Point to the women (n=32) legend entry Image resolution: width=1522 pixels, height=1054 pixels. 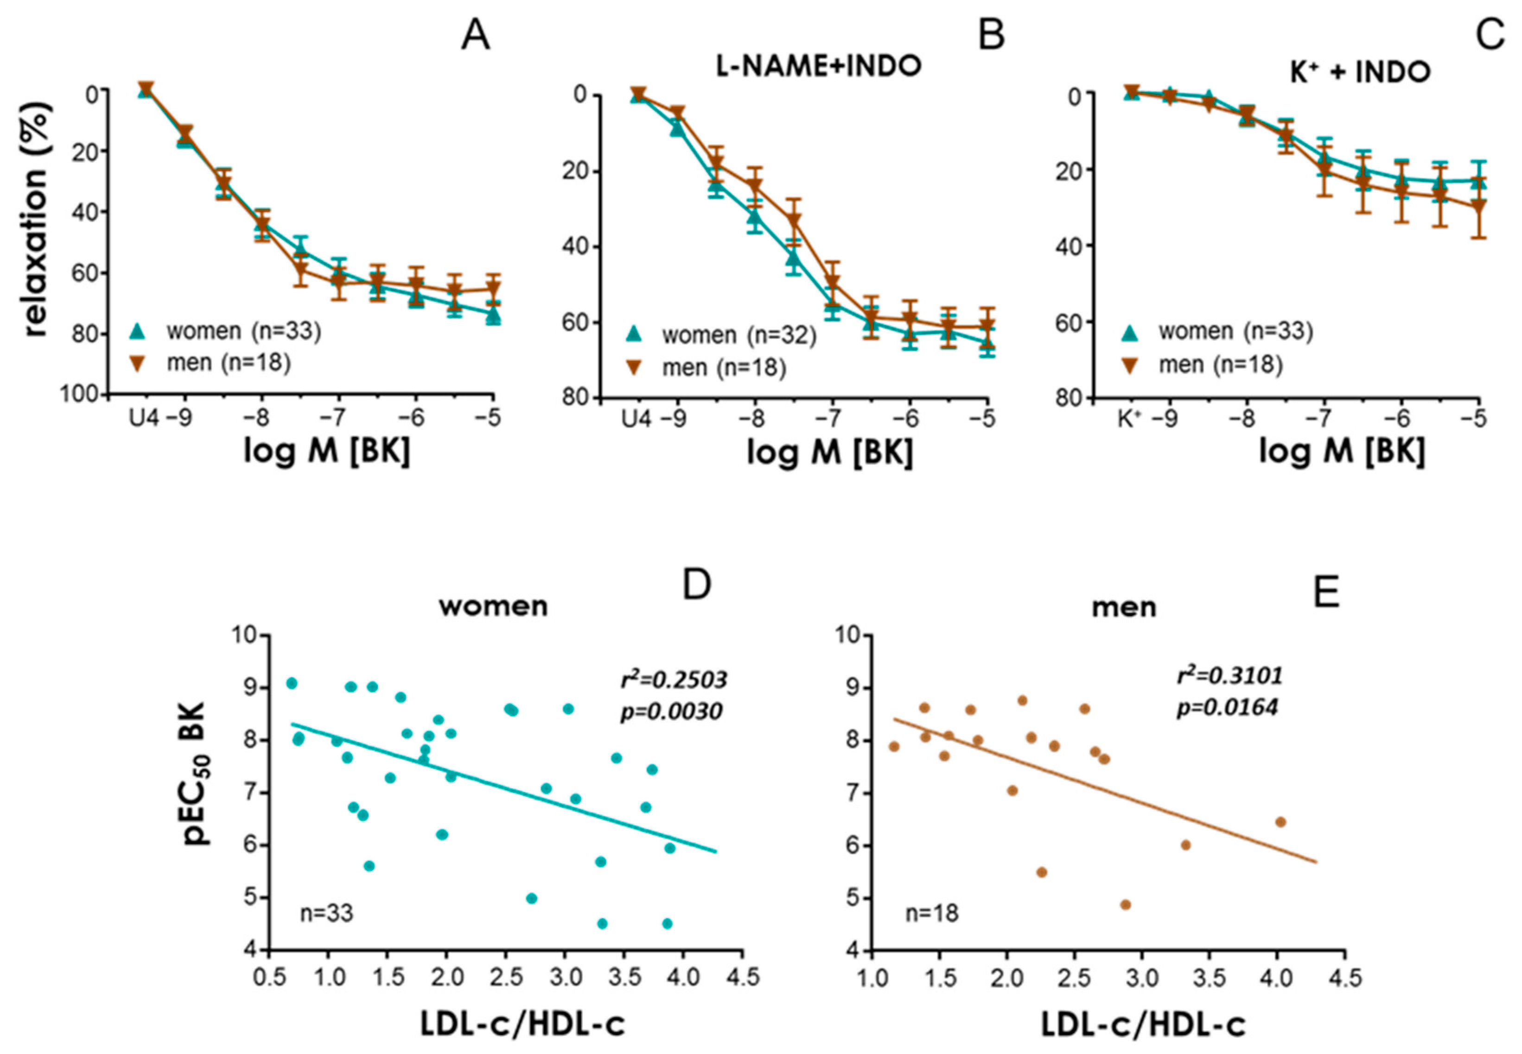(739, 336)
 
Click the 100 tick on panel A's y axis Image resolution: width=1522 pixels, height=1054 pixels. (80, 394)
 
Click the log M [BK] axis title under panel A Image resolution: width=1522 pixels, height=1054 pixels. (327, 452)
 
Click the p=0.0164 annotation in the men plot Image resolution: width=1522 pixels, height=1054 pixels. (1227, 707)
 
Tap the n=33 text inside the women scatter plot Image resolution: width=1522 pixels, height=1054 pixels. (326, 914)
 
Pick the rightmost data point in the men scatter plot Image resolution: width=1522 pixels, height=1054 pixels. (1280, 821)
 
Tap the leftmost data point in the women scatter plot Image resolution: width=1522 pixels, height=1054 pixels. (291, 683)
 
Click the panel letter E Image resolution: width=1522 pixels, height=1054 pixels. (1326, 592)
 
